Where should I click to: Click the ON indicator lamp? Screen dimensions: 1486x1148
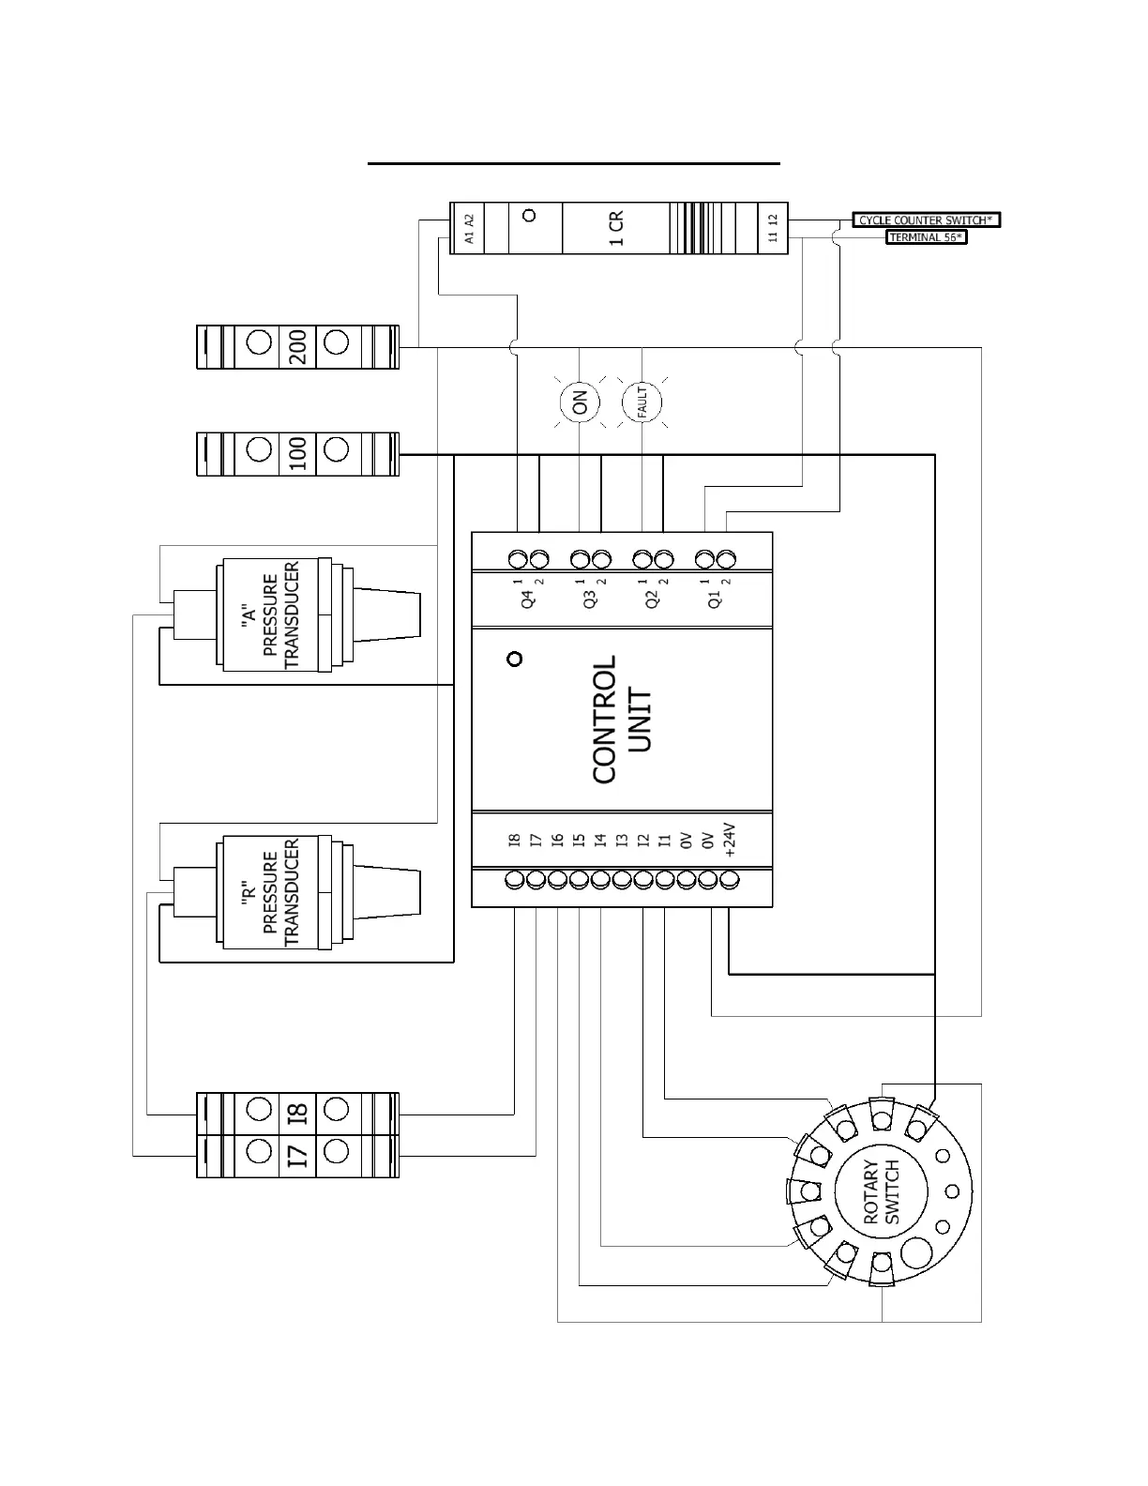(580, 402)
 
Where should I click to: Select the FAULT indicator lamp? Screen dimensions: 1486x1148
(642, 403)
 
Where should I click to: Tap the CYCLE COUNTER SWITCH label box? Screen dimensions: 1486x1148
(926, 220)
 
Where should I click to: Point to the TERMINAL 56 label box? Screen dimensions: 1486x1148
(925, 237)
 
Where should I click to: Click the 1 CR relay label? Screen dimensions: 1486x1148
(616, 228)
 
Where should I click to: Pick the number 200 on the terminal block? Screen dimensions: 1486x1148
(297, 347)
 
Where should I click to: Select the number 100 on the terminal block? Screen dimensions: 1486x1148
(297, 454)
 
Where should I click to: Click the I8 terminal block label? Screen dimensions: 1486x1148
(297, 1114)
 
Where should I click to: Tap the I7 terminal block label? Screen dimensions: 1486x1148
(297, 1155)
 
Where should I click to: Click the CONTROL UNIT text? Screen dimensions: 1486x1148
(621, 720)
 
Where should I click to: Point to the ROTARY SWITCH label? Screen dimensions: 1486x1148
(882, 1191)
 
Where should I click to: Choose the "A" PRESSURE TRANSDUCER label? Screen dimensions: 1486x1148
(269, 614)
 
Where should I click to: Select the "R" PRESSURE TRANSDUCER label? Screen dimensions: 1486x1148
(269, 891)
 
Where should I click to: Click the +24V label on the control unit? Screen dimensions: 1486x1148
(730, 842)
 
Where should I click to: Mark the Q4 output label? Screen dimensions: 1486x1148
(527, 599)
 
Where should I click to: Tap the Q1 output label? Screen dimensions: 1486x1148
(715, 599)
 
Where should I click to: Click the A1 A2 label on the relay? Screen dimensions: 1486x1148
(470, 229)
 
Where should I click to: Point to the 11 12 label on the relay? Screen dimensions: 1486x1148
(773, 229)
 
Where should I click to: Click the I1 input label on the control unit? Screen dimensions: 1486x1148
(665, 841)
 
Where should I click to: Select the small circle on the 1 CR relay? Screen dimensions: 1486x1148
(529, 216)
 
